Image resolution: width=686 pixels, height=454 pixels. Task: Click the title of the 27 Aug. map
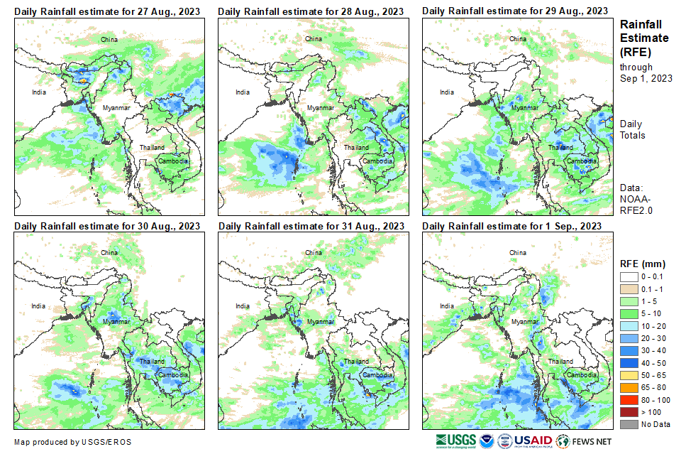tap(106, 11)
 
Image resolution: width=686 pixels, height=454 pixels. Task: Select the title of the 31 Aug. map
tap(311, 226)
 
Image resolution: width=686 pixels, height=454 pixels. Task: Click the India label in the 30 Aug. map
tap(38, 306)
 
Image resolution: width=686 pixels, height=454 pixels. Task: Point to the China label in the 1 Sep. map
tap(518, 253)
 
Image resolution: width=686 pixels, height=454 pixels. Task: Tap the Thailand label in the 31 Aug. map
tap(355, 362)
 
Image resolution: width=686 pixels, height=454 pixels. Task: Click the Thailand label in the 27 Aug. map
tap(151, 148)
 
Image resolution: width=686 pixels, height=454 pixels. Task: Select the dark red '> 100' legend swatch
tap(629, 412)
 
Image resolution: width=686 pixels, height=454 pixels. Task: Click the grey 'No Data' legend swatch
tap(629, 424)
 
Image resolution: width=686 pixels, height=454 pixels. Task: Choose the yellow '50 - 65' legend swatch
tap(629, 375)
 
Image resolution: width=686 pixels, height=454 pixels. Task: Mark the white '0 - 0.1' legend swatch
tap(629, 277)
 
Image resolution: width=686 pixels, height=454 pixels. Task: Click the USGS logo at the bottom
tap(456, 441)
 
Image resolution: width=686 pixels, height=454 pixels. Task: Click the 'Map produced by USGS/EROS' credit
tap(72, 442)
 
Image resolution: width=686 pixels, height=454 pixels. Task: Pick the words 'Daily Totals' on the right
tap(633, 129)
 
